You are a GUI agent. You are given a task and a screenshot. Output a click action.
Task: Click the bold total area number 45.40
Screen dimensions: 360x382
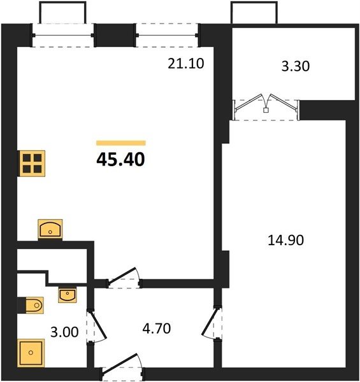coord(120,160)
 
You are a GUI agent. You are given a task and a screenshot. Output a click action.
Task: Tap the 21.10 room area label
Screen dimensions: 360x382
coord(185,64)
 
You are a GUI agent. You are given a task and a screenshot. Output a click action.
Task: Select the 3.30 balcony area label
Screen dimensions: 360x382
coord(296,66)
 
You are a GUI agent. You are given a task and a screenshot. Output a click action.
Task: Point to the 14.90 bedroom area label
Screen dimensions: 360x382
coord(285,240)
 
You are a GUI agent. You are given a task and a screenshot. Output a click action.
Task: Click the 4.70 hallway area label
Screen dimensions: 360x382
coord(157,329)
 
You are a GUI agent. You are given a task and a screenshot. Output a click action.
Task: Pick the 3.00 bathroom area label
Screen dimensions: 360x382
coord(64,332)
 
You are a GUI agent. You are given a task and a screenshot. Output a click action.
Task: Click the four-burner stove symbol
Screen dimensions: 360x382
coord(32,164)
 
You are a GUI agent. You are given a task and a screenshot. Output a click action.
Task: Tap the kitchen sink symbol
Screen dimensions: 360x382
coord(50,229)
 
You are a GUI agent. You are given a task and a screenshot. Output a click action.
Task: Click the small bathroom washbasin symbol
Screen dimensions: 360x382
coord(68,295)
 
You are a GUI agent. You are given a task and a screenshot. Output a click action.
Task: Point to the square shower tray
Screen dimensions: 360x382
coord(31,353)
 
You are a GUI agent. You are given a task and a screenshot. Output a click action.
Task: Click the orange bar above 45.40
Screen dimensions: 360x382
coord(121,143)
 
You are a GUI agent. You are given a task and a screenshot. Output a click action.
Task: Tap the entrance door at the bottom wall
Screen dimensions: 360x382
coord(122,367)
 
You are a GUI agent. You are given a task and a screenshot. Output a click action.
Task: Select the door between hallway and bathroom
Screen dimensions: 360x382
coord(97,326)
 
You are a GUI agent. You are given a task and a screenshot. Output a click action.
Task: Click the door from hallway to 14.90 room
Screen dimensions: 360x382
coord(212,323)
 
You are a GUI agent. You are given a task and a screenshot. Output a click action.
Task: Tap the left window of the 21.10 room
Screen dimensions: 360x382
coord(63,35)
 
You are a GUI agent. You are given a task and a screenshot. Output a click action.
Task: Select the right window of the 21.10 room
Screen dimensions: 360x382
coord(168,35)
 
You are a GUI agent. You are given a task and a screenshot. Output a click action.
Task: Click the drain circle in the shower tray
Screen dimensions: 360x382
coord(31,353)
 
